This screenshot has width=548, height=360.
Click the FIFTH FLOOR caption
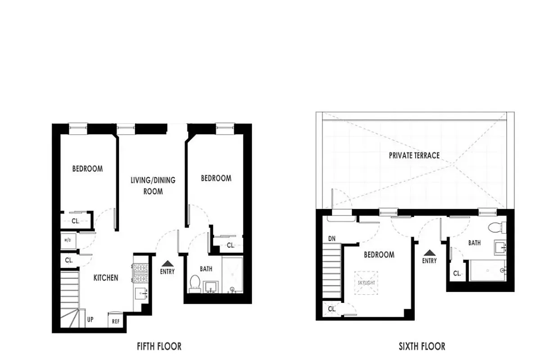pyautogui.click(x=159, y=346)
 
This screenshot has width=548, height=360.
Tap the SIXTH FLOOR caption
pyautogui.click(x=422, y=346)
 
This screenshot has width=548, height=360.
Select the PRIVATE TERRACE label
pyautogui.click(x=414, y=155)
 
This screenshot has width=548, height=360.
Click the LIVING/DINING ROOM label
pyautogui.click(x=153, y=185)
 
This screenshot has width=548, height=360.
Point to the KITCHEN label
pyautogui.click(x=106, y=278)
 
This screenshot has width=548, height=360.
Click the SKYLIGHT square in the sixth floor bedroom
pyautogui.click(x=366, y=283)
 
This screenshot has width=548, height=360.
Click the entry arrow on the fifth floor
pyautogui.click(x=168, y=263)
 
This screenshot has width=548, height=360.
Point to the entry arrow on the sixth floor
pyautogui.click(x=430, y=252)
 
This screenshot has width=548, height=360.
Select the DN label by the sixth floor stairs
pyautogui.click(x=332, y=239)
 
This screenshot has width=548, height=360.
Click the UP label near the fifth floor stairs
pyautogui.click(x=90, y=320)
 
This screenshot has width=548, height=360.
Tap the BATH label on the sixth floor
pyautogui.click(x=474, y=243)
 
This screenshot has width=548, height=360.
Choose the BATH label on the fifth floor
pyautogui.click(x=206, y=269)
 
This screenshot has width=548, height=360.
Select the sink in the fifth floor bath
pyautogui.click(x=210, y=286)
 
